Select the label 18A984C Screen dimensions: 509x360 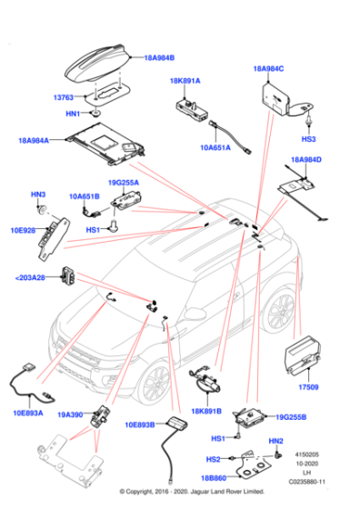[x=268, y=68]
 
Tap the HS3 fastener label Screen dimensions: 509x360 [x=309, y=139]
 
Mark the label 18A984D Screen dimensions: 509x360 [x=305, y=160]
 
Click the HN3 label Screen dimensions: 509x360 [x=38, y=195]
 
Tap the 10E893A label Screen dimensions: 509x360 [x=29, y=412]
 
